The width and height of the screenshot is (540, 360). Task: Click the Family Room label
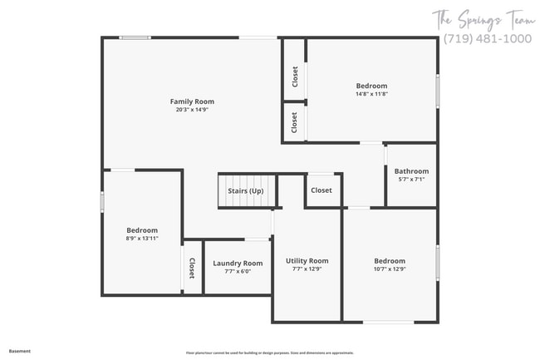point(192,101)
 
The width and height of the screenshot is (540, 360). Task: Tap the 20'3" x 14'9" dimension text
point(192,110)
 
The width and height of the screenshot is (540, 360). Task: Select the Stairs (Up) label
point(246,190)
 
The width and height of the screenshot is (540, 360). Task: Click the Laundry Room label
point(238,264)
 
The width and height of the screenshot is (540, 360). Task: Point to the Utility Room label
point(307,261)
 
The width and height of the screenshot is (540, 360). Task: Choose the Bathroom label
point(411,171)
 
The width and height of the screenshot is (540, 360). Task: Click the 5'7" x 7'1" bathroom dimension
point(411,180)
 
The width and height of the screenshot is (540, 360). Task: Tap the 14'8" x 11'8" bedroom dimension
point(371,94)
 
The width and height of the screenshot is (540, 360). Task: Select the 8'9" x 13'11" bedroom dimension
point(142,239)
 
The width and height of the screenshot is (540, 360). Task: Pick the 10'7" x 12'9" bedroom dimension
point(390,269)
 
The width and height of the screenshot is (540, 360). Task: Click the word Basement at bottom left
point(20,351)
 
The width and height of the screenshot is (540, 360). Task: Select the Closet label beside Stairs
point(322,190)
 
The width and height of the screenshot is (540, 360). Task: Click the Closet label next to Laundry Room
point(192,269)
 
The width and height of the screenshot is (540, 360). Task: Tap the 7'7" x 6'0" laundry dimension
point(238,272)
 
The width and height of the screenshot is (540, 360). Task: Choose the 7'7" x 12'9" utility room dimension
point(307,269)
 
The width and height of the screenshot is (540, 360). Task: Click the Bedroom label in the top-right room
point(371,86)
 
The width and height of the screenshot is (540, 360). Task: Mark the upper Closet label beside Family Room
point(295,77)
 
